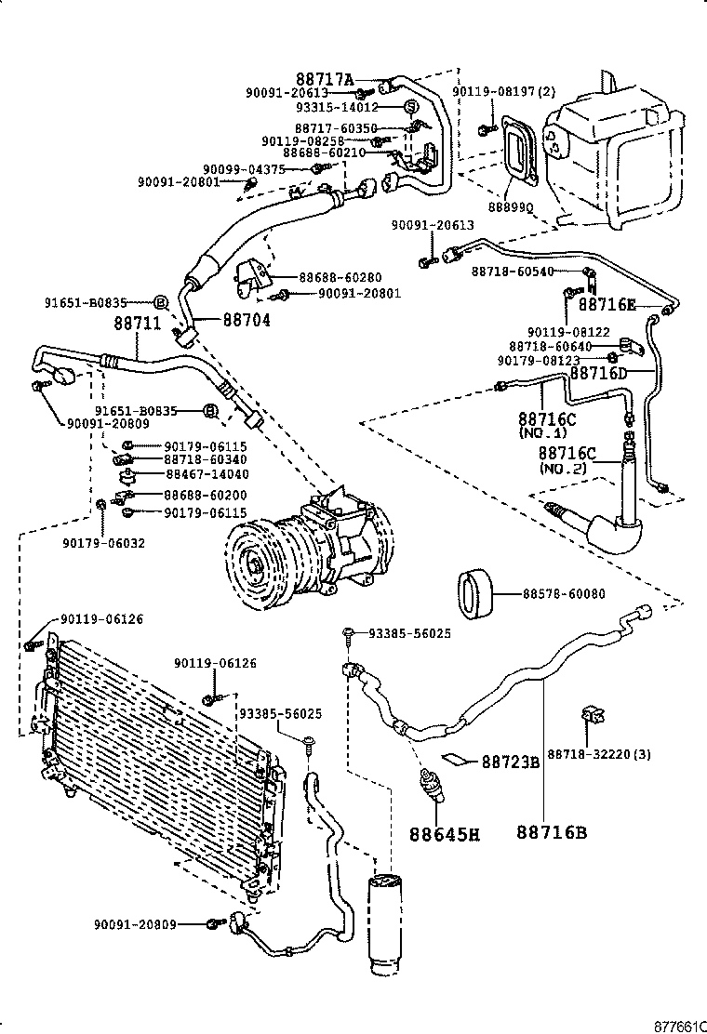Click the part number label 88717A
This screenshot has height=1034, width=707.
pyautogui.click(x=326, y=80)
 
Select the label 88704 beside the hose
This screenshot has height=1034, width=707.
pyautogui.click(x=247, y=319)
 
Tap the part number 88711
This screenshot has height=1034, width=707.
pyautogui.click(x=138, y=324)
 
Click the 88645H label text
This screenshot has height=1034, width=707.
pyautogui.click(x=445, y=833)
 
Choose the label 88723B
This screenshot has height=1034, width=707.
pyautogui.click(x=511, y=762)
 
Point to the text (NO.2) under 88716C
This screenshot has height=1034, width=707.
pyautogui.click(x=564, y=470)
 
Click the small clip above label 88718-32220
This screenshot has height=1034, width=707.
pyautogui.click(x=589, y=716)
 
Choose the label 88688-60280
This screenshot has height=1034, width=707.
pyautogui.click(x=340, y=277)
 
